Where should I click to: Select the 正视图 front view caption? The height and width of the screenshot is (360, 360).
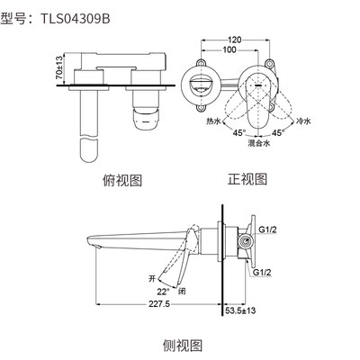(x=248, y=178)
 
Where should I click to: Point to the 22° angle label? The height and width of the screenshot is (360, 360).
(x=162, y=290)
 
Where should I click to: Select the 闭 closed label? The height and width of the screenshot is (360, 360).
(x=183, y=290)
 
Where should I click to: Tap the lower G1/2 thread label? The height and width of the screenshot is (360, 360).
(x=264, y=272)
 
